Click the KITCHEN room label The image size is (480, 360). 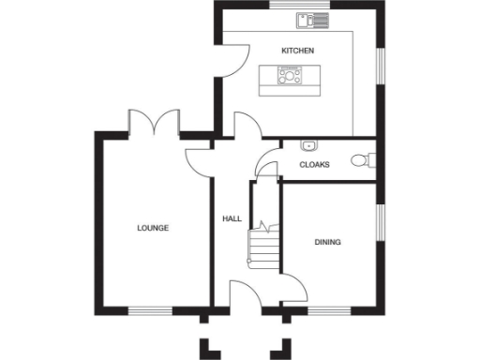[x=297, y=50]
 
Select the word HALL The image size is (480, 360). [x=232, y=218]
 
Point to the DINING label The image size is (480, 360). [x=327, y=243]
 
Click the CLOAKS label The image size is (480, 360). [x=314, y=165]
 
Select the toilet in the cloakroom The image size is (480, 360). [x=359, y=161]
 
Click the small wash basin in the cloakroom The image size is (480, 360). [x=309, y=145]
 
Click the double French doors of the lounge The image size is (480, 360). [x=155, y=123]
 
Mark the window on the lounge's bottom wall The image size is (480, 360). [x=150, y=309]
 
